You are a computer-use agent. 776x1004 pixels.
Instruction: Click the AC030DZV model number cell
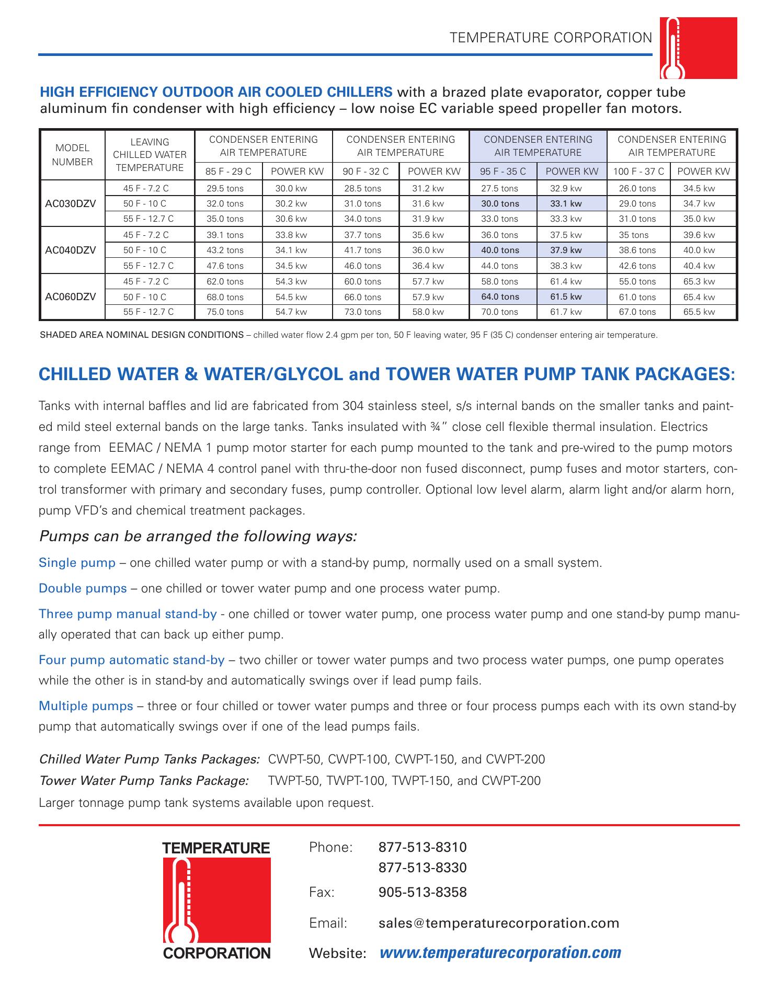(x=71, y=203)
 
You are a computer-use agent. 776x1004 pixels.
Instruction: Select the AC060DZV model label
(x=71, y=297)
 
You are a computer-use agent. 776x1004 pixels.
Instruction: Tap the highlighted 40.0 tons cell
(x=500, y=250)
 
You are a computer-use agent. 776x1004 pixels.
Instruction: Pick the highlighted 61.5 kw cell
(x=566, y=297)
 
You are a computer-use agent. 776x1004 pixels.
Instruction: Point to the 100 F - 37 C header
(x=638, y=172)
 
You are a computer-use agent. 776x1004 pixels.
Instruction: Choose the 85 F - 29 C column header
(x=229, y=172)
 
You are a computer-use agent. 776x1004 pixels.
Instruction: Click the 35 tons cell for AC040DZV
(x=634, y=235)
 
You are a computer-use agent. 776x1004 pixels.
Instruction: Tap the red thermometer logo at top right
(x=698, y=48)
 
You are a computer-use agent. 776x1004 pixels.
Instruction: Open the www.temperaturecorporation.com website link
(x=500, y=952)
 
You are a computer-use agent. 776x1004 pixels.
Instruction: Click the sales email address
(x=499, y=923)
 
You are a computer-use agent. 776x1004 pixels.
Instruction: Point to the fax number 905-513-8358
(x=423, y=892)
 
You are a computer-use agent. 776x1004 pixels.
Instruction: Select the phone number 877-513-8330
(x=423, y=868)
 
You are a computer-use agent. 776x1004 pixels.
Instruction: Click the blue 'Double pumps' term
(x=83, y=589)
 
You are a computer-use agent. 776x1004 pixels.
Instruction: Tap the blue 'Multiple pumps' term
(x=86, y=706)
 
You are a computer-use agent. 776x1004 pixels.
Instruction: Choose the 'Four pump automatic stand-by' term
(x=132, y=660)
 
